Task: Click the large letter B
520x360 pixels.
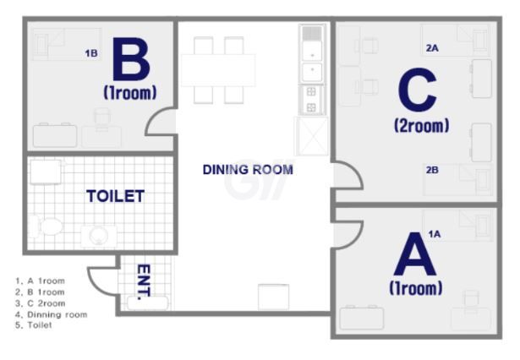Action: click(131, 60)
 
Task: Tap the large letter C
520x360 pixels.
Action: click(418, 90)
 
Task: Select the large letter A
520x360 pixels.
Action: click(414, 254)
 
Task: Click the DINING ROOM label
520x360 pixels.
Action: click(248, 170)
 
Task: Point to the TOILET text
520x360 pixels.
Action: click(115, 196)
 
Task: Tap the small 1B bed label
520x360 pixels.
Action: click(91, 53)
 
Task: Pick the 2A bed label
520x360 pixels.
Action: click(432, 48)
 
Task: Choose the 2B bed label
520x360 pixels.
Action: click(432, 170)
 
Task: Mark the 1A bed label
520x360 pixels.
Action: click(435, 234)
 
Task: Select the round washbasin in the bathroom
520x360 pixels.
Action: click(98, 236)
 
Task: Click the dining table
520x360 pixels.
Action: click(218, 70)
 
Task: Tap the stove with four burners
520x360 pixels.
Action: click(311, 100)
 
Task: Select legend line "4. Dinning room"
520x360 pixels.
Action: click(52, 314)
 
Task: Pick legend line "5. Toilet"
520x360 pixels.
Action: click(34, 325)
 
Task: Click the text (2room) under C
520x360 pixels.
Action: click(422, 126)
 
